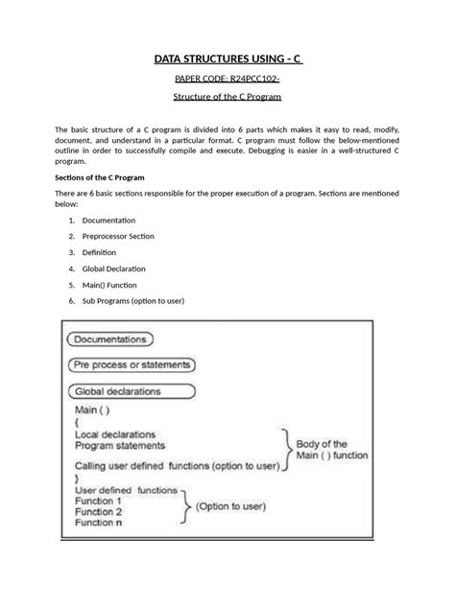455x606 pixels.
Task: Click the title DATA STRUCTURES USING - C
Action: point(227,60)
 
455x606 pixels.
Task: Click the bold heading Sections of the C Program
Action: point(108,178)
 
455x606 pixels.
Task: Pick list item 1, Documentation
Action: point(108,220)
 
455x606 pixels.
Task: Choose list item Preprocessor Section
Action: point(118,236)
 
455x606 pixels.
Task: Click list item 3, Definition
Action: point(101,252)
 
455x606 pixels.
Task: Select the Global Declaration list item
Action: point(115,268)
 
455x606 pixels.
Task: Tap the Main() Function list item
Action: point(108,285)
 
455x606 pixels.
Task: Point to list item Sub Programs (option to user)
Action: point(133,301)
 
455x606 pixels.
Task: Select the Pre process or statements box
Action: point(132,365)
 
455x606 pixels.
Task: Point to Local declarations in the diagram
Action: point(119,433)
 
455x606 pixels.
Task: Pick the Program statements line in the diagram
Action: point(119,445)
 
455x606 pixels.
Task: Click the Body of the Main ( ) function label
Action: point(330,451)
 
